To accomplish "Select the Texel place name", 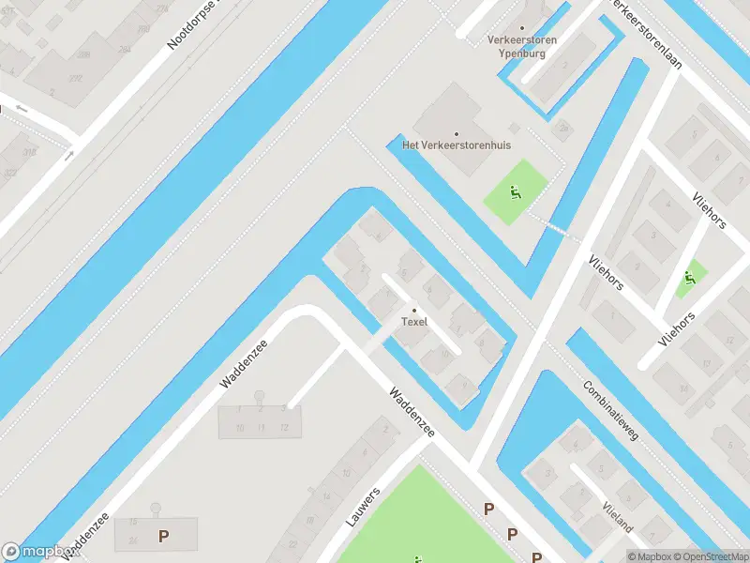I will (x=413, y=322).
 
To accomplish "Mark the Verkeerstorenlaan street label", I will (x=646, y=34).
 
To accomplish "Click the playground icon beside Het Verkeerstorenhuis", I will (x=515, y=192).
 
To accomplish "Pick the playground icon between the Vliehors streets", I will (x=691, y=277).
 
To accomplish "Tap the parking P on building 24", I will (x=164, y=537).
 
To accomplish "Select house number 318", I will (x=31, y=152).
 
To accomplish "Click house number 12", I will (x=283, y=427).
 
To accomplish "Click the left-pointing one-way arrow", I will (x=22, y=109).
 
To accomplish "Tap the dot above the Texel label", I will (x=414, y=311).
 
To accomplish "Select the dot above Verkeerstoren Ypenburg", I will (x=521, y=28).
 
